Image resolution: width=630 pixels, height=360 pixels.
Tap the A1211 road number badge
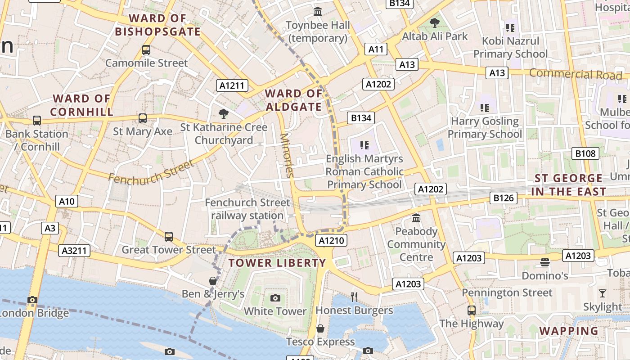(x=232, y=85)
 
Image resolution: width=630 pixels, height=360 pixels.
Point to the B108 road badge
(x=585, y=153)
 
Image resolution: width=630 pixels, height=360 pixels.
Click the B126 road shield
(x=504, y=198)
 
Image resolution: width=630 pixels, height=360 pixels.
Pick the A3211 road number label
(x=74, y=251)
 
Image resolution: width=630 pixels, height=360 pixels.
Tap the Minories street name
(x=287, y=155)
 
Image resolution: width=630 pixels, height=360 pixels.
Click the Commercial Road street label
(x=575, y=74)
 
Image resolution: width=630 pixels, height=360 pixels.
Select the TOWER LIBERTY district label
(x=277, y=263)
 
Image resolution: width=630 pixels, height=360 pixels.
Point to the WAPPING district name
(x=569, y=331)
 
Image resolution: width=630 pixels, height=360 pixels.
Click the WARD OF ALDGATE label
(x=293, y=100)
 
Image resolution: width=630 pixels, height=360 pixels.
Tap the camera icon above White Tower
(x=275, y=298)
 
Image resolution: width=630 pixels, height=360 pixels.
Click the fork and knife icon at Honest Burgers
(x=354, y=297)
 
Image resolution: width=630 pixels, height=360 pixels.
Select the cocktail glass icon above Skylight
(x=603, y=293)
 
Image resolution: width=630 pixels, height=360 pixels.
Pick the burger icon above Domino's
(x=545, y=262)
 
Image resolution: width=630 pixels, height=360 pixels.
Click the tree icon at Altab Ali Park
(x=434, y=22)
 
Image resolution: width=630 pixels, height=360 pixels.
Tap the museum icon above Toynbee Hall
(x=318, y=11)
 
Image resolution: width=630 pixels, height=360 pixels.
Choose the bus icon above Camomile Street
(x=146, y=50)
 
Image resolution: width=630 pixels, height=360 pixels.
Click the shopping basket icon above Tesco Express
(x=320, y=328)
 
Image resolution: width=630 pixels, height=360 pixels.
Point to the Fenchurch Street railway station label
(x=247, y=209)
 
